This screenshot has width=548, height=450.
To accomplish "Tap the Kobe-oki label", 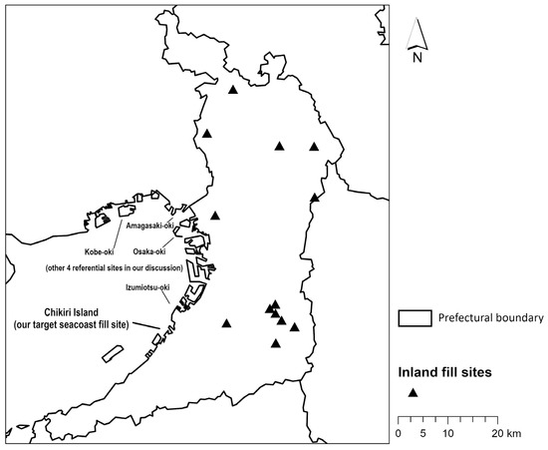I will tap(100, 250).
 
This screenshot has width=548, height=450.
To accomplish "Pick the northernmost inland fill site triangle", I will tap(233, 90).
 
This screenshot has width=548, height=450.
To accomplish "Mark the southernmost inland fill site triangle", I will tap(276, 344).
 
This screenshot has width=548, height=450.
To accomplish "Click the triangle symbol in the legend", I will tap(411, 393).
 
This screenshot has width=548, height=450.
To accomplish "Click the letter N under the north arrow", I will tap(417, 57).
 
